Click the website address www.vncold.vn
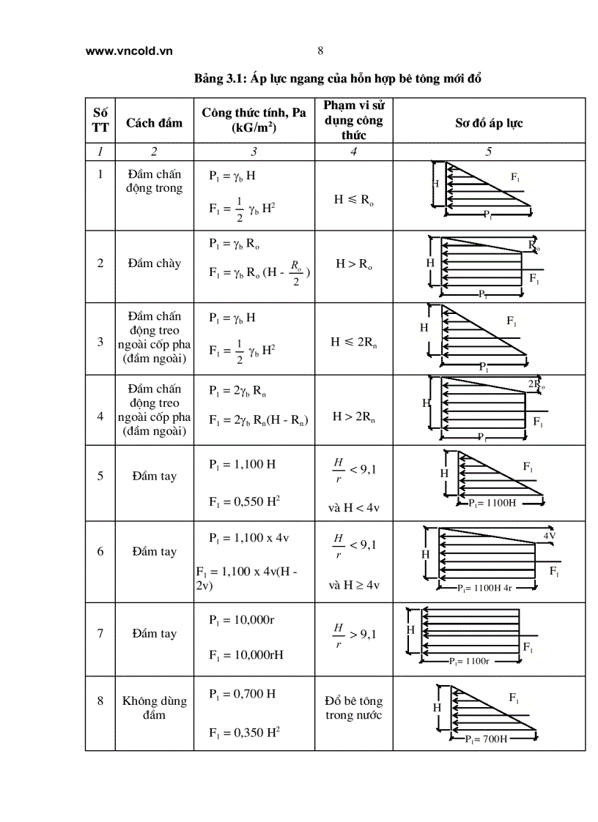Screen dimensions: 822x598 [128, 51]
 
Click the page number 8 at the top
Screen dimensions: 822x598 [320, 51]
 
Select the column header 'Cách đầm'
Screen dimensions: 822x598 [154, 122]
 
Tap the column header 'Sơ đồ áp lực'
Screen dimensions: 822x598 [488, 122]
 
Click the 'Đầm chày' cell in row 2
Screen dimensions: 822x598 [154, 264]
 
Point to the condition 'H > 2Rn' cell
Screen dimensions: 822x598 [353, 417]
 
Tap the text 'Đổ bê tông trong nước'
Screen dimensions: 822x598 [353, 708]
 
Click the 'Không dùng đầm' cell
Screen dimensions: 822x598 [154, 708]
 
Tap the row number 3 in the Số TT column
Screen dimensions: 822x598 [100, 341]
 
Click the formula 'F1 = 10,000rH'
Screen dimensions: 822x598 [246, 654]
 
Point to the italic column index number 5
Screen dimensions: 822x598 [488, 152]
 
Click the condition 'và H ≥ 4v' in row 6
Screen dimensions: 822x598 [353, 585]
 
